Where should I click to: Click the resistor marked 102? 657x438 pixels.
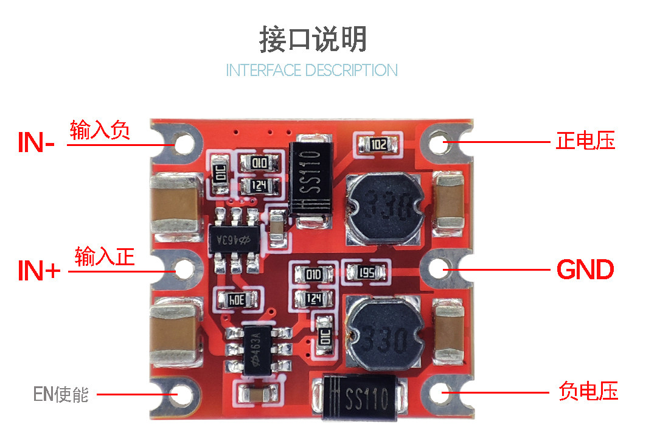[x=378, y=145]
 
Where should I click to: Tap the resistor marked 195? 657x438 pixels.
[x=366, y=273]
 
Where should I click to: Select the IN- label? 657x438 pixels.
[x=36, y=142]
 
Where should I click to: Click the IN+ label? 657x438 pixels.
[x=39, y=270]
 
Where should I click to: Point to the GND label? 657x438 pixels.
[x=585, y=269]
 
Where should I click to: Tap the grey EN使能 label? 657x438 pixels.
[x=61, y=394]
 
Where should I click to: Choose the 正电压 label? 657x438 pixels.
[x=585, y=141]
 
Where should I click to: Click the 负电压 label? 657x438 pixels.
[x=588, y=391]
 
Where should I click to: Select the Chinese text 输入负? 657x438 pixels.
[x=100, y=130]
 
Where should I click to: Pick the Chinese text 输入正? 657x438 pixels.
[x=105, y=257]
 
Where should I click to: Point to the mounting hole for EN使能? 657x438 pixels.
[x=183, y=394]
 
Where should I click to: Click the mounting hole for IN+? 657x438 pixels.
[x=184, y=269]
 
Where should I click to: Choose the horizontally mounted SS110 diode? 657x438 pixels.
[x=360, y=397]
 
